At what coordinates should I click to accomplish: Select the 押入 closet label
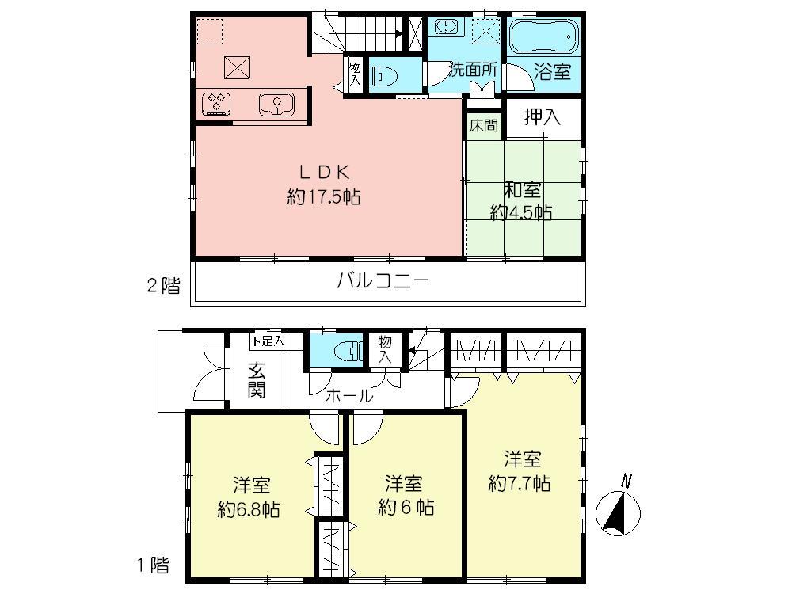click(x=543, y=117)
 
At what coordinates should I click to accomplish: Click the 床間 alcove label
click(x=483, y=125)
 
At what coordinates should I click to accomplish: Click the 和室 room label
click(x=523, y=190)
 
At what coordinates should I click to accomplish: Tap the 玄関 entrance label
click(x=255, y=379)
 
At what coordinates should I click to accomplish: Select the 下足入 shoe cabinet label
click(x=268, y=341)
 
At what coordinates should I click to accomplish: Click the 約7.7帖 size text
click(x=520, y=483)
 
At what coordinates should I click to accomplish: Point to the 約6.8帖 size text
click(x=249, y=509)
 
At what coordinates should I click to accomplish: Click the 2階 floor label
click(x=163, y=286)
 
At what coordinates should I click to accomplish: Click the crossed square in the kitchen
click(x=237, y=67)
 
